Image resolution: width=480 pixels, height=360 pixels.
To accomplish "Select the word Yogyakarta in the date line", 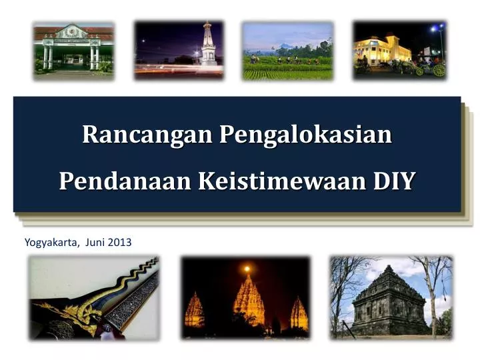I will pos(51,242).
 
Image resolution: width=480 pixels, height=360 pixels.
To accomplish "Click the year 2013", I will pos(121,242).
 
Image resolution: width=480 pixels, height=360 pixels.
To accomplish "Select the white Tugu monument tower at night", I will pos(209,44).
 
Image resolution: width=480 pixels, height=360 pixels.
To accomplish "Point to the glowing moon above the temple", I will pos(247,269).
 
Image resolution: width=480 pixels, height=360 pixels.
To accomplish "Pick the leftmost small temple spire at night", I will pos(194,311).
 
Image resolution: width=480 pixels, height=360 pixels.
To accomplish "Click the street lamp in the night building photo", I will pos(437,30).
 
